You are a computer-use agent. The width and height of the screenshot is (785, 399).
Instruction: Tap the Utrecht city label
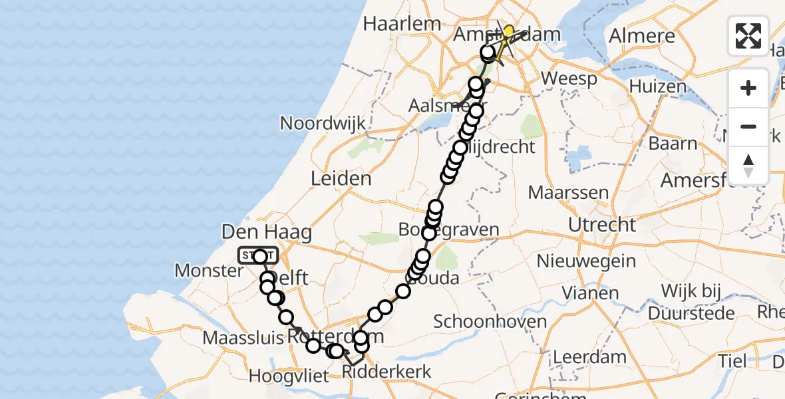[601, 225]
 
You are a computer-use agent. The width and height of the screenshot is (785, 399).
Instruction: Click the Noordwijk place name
[323, 123]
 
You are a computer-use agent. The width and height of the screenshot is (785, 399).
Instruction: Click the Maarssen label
[568, 194]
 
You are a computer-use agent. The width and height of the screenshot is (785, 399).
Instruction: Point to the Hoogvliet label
[289, 376]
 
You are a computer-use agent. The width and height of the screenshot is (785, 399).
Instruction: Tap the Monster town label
[209, 271]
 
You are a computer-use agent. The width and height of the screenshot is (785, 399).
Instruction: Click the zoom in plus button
[748, 88]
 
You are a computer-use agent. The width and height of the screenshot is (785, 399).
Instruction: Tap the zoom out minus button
[748, 127]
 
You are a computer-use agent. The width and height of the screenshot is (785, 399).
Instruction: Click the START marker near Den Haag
[258, 256]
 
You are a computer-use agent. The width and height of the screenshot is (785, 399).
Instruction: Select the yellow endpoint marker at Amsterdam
[509, 31]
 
